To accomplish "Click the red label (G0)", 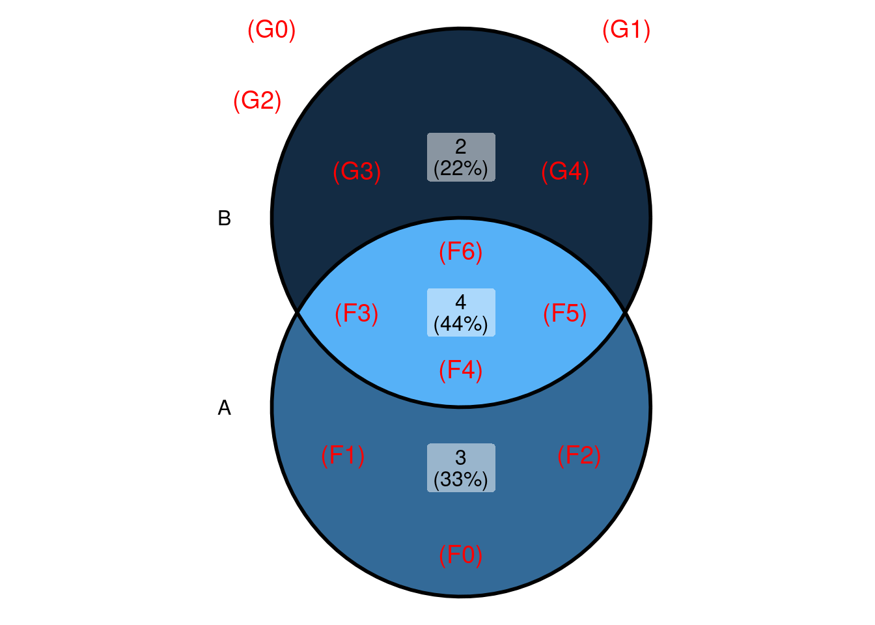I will (x=271, y=30).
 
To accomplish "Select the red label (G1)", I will (x=626, y=30).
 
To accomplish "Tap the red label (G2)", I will (x=257, y=100).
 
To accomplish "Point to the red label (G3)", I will (x=357, y=171).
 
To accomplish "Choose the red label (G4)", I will (x=565, y=171).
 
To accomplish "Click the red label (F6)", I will (x=460, y=251).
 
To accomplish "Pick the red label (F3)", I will (x=356, y=314).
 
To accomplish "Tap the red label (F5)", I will (x=564, y=314).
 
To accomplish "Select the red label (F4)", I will (x=460, y=370).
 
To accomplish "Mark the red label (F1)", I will (x=342, y=455).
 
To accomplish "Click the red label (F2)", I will (x=579, y=455).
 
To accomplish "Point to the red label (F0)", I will (x=460, y=555).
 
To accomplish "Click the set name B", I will (x=225, y=219).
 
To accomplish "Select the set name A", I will (x=225, y=408).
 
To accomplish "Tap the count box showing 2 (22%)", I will (x=461, y=158).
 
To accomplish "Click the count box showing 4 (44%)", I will (x=461, y=312).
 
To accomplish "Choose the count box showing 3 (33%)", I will (x=461, y=468).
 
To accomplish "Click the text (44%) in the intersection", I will (x=461, y=324).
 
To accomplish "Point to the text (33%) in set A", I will (x=461, y=479).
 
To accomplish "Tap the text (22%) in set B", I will (x=461, y=169).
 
